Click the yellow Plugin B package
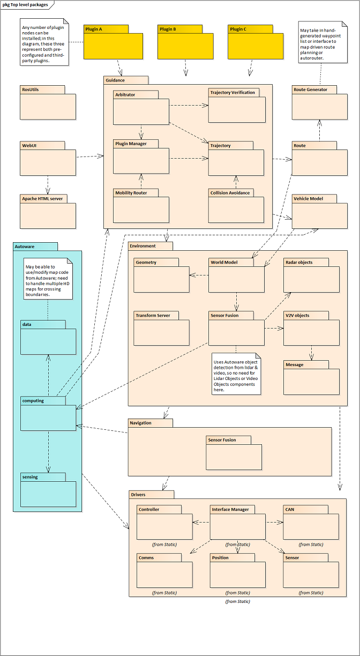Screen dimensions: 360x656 [x=185, y=42]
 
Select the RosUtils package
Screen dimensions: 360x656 [x=48, y=102]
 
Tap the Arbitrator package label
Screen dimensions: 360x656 [x=125, y=94]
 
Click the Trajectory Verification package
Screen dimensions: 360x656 [x=237, y=106]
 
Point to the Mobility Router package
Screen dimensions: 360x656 [x=141, y=206]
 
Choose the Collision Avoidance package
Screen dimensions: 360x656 [x=236, y=206]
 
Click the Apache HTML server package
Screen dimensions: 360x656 [x=48, y=211]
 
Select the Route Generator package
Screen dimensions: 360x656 [x=320, y=102]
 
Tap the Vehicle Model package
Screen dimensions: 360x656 [x=320, y=211]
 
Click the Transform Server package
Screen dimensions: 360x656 [x=162, y=329]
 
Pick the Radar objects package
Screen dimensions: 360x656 [x=311, y=275]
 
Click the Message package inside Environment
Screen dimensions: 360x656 [x=311, y=377]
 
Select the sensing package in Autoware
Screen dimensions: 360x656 [x=48, y=490]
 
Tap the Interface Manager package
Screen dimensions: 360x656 [x=238, y=522]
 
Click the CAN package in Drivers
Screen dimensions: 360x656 [x=311, y=522]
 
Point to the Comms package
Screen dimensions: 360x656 [x=164, y=570]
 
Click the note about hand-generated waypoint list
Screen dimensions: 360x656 [x=323, y=42]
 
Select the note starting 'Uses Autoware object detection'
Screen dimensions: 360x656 [x=236, y=374]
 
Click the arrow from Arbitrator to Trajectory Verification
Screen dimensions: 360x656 [x=189, y=105]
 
